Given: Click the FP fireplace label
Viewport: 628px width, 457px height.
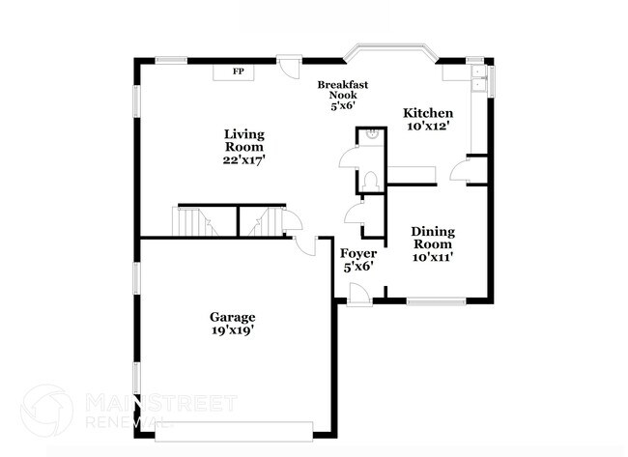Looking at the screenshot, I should coord(238,71).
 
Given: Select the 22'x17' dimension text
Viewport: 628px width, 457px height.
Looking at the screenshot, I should coord(244,160).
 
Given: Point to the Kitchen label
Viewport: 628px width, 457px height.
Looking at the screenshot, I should coord(428,113).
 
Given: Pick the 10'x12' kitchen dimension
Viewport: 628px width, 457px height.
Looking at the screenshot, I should coord(428,127).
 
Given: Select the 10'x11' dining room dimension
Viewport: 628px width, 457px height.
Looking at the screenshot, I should coord(433,257).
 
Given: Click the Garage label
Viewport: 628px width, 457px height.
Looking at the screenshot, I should coord(233,317).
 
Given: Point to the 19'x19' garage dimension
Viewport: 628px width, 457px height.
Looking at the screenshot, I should coord(233,330).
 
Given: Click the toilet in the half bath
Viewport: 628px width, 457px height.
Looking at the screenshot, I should coord(374,179).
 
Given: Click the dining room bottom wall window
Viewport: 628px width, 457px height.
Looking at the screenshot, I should coord(437,300).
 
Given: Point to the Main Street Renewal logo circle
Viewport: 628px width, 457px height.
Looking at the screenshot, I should coord(46,409).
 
